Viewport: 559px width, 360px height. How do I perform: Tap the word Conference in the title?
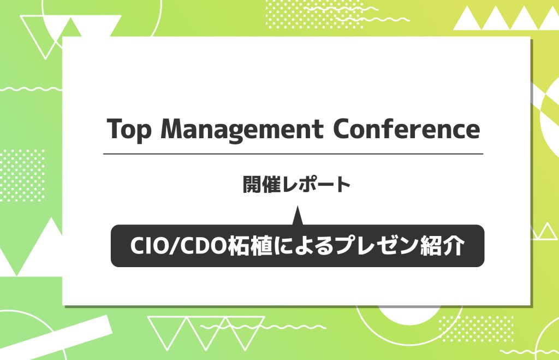coord(406,128)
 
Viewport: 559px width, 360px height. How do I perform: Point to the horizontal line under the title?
coord(293,154)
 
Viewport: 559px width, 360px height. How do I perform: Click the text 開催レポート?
coord(296,185)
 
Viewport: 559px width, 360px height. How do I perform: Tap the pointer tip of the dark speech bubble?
coord(298,206)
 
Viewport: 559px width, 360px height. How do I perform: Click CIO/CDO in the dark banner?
coord(179,246)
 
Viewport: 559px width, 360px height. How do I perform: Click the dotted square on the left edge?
coord(23,175)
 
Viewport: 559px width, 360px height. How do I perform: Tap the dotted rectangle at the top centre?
coord(315,14)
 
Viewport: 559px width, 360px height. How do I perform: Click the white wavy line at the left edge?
coord(31,88)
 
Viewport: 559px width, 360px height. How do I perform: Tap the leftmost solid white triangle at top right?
coord(467,18)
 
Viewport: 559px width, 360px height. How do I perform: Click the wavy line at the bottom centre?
coord(263,327)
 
